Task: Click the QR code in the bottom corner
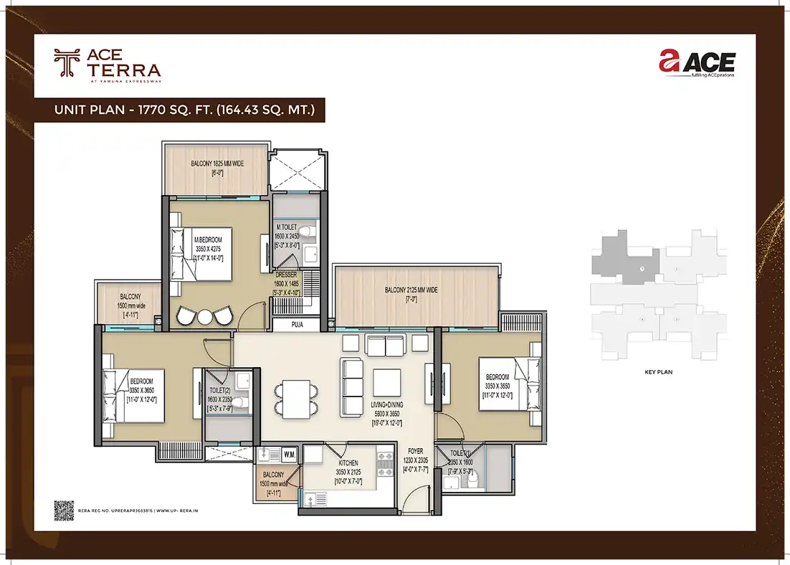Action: click(64, 509)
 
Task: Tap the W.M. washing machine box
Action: click(290, 453)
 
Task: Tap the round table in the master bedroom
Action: click(205, 316)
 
